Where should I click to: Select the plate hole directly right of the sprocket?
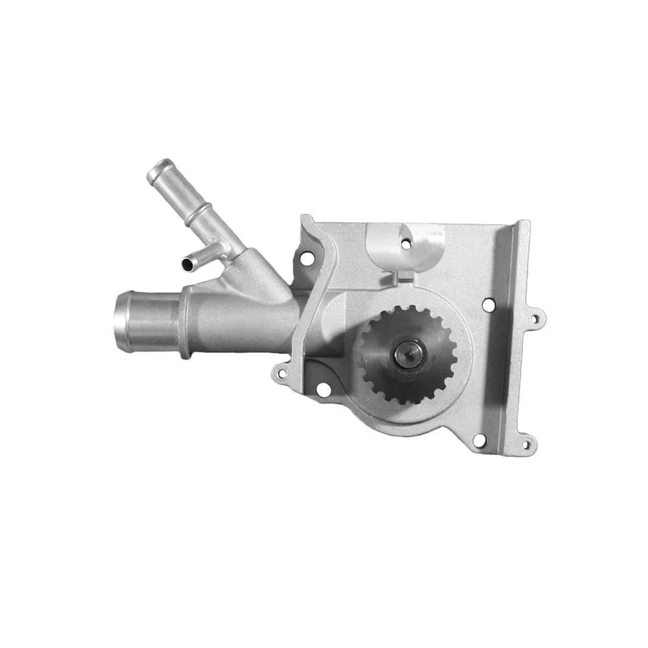click(487, 305)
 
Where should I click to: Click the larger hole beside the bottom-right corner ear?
click(479, 440)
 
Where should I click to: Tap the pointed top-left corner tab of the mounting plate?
click(305, 221)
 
